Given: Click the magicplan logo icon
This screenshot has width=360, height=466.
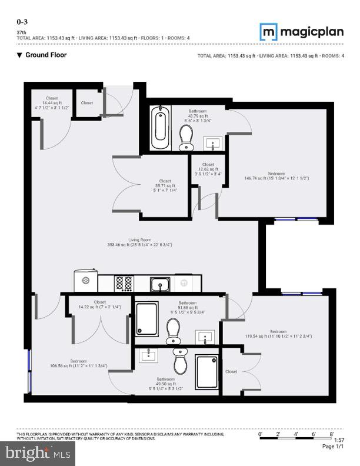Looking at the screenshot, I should pos(269,31).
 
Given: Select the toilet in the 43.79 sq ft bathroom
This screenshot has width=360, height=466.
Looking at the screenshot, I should pos(186,138).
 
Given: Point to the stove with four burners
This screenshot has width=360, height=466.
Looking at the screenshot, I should pos(124,284).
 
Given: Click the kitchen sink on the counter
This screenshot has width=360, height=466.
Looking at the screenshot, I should pos(160,285).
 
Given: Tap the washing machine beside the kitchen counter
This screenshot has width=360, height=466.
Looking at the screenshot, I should pos(86,281).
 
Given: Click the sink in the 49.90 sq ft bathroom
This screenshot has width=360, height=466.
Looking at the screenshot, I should pos(148,355).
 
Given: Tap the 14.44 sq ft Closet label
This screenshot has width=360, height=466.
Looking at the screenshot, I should pos(52,103).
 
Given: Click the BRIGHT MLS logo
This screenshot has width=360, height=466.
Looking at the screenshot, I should pos(39,453).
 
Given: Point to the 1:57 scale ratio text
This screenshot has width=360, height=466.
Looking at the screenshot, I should pos(339,440).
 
